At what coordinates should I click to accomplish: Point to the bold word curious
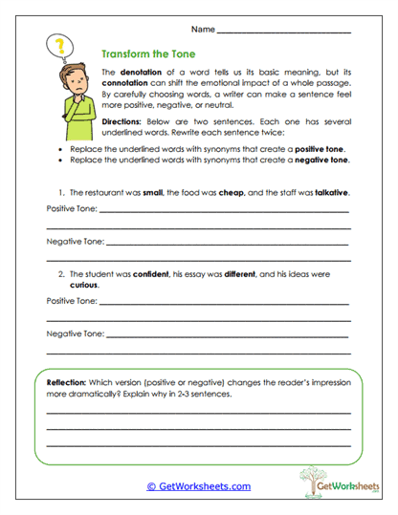(83, 285)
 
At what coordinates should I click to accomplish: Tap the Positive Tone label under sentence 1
(72, 207)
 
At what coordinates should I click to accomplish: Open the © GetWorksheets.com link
(198, 485)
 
